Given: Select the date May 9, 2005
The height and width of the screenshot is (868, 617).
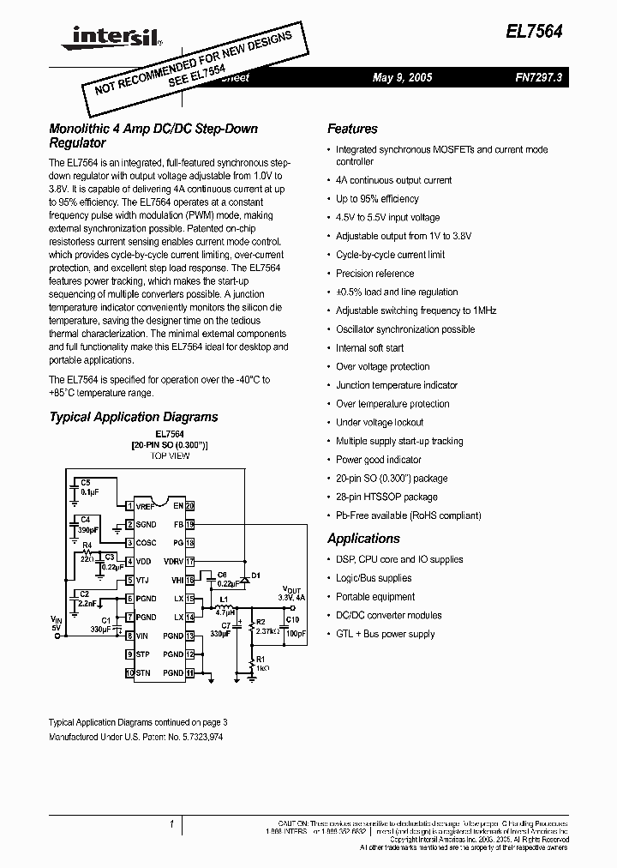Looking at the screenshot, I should point(403,77).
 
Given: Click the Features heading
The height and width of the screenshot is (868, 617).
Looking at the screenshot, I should point(352,129).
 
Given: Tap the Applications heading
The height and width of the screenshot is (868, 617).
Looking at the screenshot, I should point(363,539).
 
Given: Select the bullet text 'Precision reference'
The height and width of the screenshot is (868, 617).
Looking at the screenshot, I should point(374,274).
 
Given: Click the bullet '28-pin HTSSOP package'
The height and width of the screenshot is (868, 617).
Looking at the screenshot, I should point(386,497).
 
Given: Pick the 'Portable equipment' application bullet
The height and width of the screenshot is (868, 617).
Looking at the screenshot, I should point(375,597).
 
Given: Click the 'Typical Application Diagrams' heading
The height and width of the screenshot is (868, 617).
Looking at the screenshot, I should point(134,417).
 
